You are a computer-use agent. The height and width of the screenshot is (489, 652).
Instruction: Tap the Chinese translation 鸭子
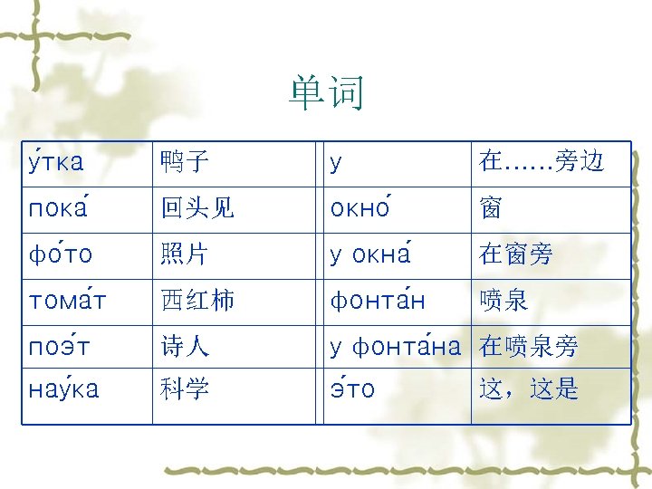[184, 163]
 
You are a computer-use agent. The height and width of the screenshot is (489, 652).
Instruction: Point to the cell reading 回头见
[197, 209]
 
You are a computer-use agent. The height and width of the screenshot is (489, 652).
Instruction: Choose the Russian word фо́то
[61, 255]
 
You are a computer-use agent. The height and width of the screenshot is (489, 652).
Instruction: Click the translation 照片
[184, 255]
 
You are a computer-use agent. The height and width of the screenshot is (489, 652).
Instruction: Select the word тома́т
[68, 301]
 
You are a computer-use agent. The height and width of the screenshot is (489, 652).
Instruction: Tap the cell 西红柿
[197, 301]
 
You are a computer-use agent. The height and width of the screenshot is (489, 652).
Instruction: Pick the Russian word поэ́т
[62, 347]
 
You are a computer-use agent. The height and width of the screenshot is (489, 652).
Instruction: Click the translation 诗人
[184, 347]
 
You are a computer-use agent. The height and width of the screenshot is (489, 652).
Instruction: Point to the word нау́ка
[64, 389]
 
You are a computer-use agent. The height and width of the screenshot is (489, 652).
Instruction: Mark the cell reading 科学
[184, 389]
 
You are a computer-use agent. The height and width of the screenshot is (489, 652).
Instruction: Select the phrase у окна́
[371, 255]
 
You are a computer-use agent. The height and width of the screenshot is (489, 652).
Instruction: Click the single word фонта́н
[378, 301]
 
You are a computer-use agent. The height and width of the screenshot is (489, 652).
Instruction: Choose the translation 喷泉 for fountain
[503, 301]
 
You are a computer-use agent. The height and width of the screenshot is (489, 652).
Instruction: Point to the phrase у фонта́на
[395, 347]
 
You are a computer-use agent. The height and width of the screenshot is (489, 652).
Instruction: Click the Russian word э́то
[352, 389]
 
